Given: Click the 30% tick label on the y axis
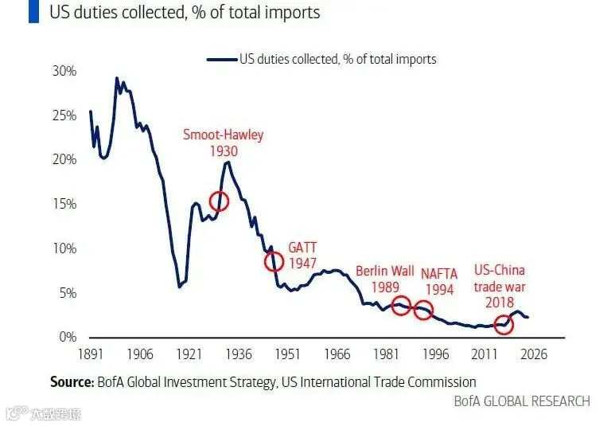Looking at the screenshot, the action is [64, 71].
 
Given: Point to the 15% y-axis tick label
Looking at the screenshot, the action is [64, 204].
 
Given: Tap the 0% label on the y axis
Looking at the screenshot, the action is [68, 337].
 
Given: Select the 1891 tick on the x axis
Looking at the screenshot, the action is [90, 354].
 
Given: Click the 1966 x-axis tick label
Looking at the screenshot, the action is [337, 354].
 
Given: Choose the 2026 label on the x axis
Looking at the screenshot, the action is [533, 354].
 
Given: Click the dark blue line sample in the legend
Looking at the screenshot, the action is [223, 60].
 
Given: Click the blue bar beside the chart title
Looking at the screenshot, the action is [33, 11].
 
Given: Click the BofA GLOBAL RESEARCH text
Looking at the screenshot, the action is [522, 401].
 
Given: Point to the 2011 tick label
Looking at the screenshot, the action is [485, 354].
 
